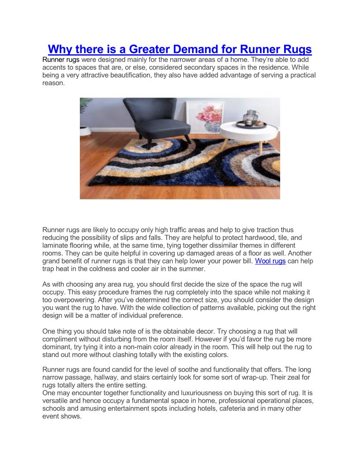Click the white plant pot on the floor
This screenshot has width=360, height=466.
(x=84, y=131)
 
